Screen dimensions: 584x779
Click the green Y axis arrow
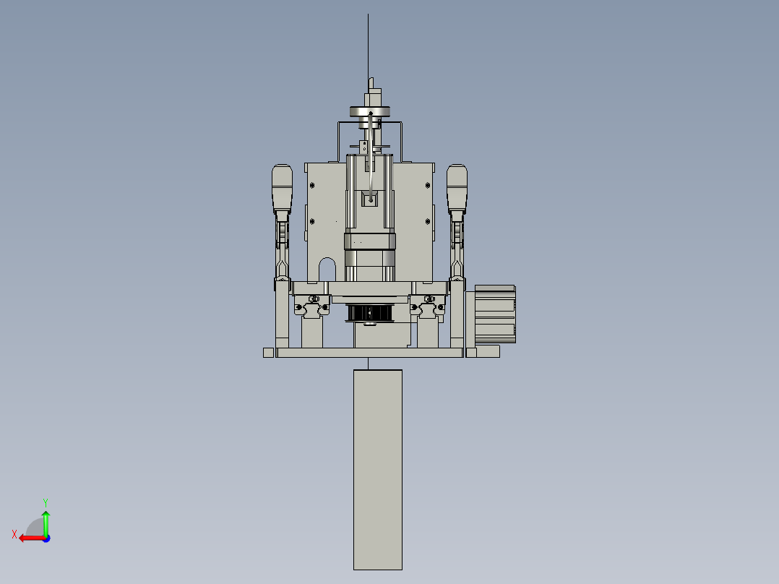click(x=46, y=519)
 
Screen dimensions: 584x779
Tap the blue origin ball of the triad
click(x=46, y=538)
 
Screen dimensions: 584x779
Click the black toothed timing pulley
click(x=369, y=313)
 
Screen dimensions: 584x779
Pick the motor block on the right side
click(x=495, y=313)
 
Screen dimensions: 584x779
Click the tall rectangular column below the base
click(x=377, y=470)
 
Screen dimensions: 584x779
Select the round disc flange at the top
click(x=370, y=111)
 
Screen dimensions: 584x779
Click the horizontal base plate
click(x=369, y=353)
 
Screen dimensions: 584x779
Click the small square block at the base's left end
click(x=268, y=353)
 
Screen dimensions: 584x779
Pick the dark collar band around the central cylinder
click(x=369, y=241)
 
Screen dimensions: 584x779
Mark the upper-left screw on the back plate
click(x=312, y=185)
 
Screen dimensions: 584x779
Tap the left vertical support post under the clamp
click(x=282, y=318)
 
